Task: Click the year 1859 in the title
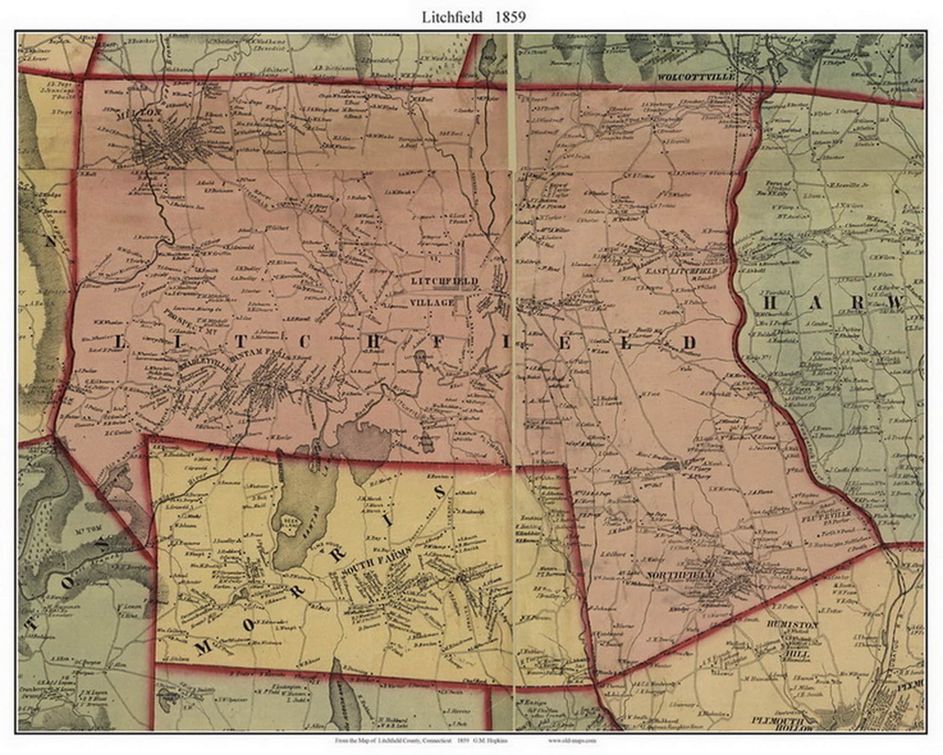[x=510, y=17]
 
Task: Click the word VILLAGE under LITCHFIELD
[x=432, y=302]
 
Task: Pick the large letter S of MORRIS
[x=438, y=492]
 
